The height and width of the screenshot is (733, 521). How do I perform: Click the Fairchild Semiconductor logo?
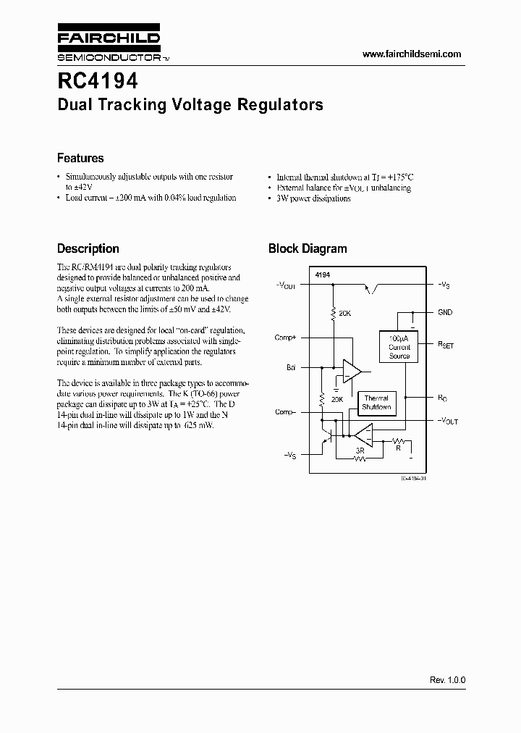pyautogui.click(x=109, y=46)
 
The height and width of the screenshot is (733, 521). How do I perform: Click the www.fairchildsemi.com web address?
pyautogui.click(x=411, y=54)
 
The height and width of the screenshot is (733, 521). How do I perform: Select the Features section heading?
pyautogui.click(x=80, y=158)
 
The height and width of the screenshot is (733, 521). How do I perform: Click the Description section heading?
pyautogui.click(x=88, y=248)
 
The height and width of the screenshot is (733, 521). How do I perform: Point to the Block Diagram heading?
pyautogui.click(x=308, y=248)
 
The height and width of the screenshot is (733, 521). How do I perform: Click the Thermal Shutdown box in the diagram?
pyautogui.click(x=376, y=403)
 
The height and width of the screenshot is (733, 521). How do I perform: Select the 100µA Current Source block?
pyautogui.click(x=399, y=347)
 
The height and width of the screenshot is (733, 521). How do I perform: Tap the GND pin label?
pyautogui.click(x=445, y=312)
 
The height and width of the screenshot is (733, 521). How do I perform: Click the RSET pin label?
pyautogui.click(x=446, y=346)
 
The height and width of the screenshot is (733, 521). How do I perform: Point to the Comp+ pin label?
pyautogui.click(x=285, y=338)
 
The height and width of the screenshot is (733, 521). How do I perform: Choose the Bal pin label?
pyautogui.click(x=291, y=368)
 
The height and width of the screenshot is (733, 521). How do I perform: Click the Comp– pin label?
pyautogui.click(x=285, y=412)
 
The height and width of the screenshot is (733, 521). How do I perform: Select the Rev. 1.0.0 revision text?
pyautogui.click(x=447, y=681)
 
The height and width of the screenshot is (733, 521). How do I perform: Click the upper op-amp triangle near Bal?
pyautogui.click(x=352, y=371)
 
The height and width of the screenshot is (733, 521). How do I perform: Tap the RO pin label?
pyautogui.click(x=442, y=397)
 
